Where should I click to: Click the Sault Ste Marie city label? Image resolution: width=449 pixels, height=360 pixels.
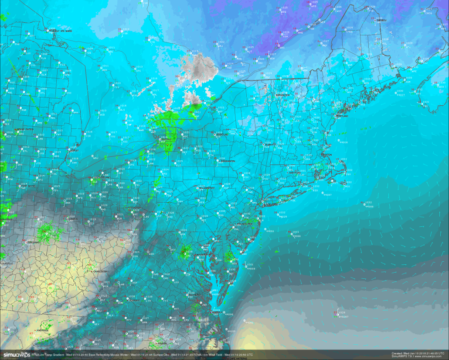pos(61,31)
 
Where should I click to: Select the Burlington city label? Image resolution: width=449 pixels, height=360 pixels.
pos(282,95)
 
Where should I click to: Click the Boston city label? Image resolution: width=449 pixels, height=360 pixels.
pos(327,155)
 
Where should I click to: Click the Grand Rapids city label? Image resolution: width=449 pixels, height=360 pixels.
pos(26,130)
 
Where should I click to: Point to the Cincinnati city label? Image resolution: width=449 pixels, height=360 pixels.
pos(34,242)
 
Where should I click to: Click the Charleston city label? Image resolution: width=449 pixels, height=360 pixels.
pos(100,271)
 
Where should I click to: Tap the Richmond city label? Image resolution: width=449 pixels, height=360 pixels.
pos(194,295)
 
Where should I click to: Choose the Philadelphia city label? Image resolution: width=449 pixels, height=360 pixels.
pos(245,224)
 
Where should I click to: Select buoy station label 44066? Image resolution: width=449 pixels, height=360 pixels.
pos(296,236)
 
